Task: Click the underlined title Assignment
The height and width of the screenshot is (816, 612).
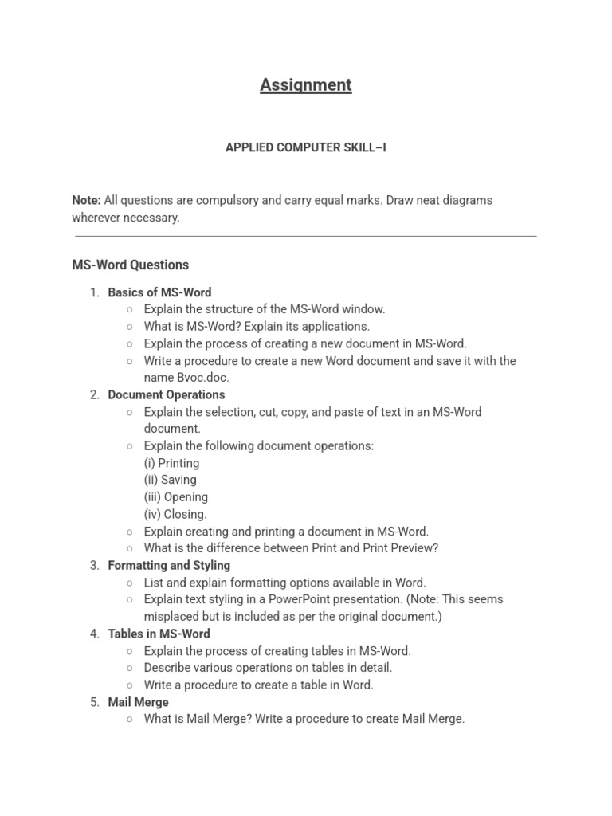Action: point(305,85)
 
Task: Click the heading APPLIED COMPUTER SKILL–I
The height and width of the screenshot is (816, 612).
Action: point(306,148)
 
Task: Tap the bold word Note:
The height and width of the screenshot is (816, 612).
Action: point(86,200)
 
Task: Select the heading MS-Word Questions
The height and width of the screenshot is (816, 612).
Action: point(131,265)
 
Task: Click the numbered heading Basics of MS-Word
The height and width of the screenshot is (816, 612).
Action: point(159,292)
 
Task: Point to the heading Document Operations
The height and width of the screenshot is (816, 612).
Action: point(167,394)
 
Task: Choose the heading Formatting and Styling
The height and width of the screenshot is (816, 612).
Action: point(169,565)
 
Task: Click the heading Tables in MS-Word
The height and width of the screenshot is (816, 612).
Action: point(159,634)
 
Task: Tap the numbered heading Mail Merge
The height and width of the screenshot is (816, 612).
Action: point(139,702)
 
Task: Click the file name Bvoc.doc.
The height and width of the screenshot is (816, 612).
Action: point(202,378)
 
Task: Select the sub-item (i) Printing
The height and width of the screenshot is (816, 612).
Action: point(171,463)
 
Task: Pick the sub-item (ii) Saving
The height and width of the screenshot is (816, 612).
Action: point(170,480)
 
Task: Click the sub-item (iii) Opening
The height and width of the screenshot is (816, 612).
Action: point(176,496)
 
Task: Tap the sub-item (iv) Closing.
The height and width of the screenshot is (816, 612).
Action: point(175,514)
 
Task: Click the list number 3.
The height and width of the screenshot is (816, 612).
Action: point(94,565)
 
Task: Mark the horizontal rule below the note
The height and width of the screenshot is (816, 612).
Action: point(306,236)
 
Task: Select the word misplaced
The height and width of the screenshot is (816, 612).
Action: point(172,617)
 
